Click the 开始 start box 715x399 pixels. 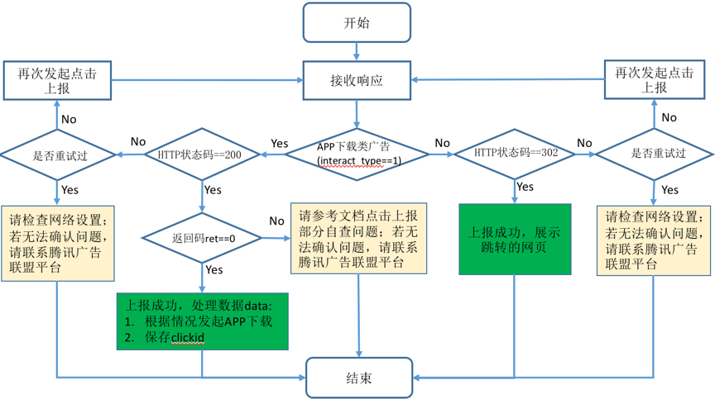click(x=357, y=22)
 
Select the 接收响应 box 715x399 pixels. click(x=357, y=81)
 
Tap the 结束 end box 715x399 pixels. click(x=358, y=378)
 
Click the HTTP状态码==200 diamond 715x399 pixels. click(x=203, y=154)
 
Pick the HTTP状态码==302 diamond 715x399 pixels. click(x=515, y=154)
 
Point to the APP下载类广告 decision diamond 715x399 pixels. click(x=357, y=154)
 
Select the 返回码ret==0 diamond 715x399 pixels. click(x=203, y=239)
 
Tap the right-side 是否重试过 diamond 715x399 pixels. click(x=655, y=154)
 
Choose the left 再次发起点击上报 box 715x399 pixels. click(x=57, y=80)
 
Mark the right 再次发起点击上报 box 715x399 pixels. click(x=654, y=79)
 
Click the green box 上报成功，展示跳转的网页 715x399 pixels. click(x=515, y=240)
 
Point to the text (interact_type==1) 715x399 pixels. click(x=358, y=160)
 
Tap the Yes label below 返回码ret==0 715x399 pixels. click(x=214, y=269)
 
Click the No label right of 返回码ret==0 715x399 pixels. click(x=276, y=221)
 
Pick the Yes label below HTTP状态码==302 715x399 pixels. click(x=525, y=187)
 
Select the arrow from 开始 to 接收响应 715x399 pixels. click(x=357, y=51)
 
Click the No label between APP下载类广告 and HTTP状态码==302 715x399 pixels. click(x=442, y=143)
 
